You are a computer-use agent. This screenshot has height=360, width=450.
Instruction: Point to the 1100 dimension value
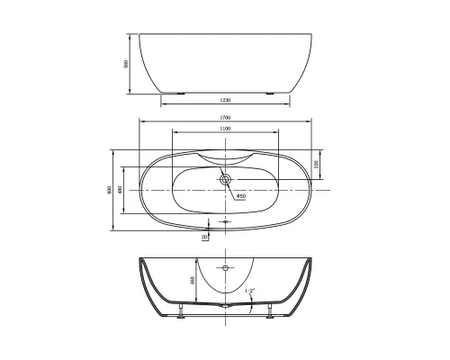(225, 130)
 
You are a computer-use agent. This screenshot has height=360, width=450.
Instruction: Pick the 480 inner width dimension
(121, 191)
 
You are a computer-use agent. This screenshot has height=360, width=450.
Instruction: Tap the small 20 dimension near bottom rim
(205, 237)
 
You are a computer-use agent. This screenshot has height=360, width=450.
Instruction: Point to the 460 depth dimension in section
(192, 281)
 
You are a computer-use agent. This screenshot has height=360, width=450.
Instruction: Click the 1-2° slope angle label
(249, 290)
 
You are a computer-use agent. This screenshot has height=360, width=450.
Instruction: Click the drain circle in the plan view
(225, 178)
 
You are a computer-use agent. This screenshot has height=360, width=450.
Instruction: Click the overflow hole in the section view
(225, 268)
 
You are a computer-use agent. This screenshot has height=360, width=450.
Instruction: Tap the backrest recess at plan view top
(225, 156)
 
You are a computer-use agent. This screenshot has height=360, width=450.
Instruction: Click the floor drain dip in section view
(225, 307)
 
